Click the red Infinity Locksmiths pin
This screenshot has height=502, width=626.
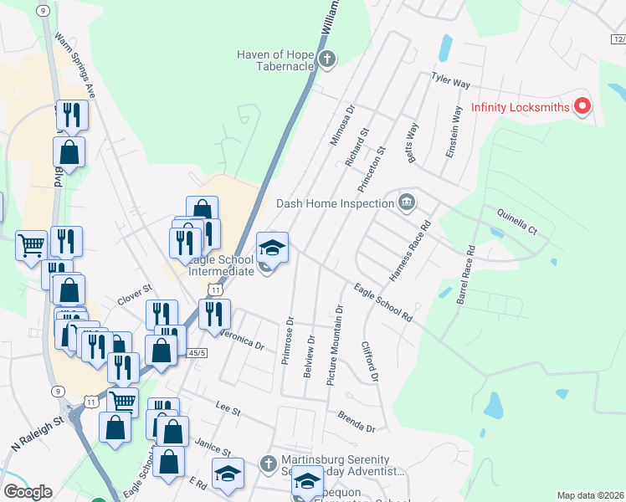[582, 106]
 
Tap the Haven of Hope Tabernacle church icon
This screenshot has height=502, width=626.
[326, 59]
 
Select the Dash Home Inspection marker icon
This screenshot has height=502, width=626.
[407, 202]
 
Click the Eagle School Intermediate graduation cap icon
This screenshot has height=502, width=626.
[272, 248]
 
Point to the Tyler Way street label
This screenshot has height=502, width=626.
[450, 81]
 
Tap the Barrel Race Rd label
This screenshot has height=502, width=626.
[464, 274]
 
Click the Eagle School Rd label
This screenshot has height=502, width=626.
[383, 303]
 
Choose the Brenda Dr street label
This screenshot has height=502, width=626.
[357, 422]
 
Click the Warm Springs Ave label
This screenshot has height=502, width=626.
[75, 66]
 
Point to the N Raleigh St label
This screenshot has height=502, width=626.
[37, 436]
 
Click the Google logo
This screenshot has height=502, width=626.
[28, 492]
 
